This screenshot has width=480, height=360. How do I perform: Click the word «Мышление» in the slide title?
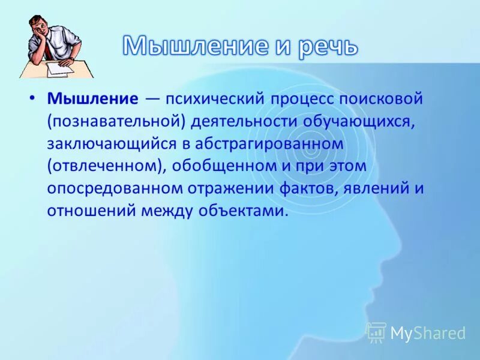coord(194,46)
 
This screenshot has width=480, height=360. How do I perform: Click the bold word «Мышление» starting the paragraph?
coord(93,98)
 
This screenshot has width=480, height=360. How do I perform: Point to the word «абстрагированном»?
coord(275,143)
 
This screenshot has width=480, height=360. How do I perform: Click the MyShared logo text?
coord(427,333)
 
